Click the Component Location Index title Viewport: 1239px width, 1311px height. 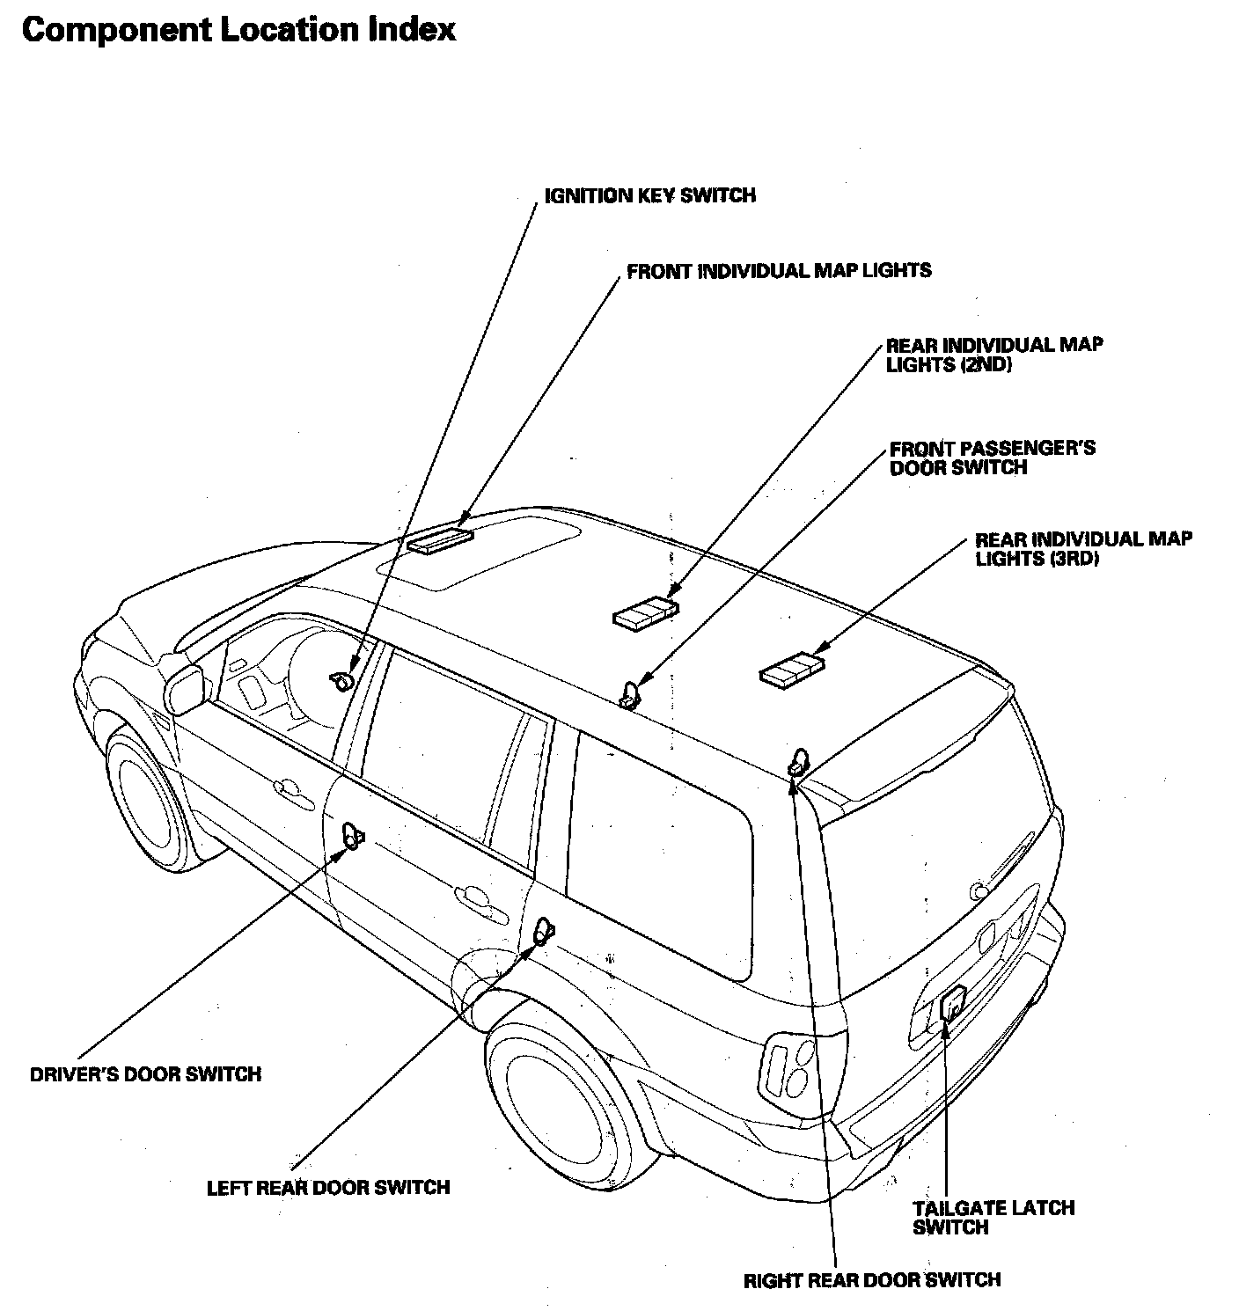click(x=238, y=29)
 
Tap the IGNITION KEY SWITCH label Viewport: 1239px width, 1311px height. click(x=649, y=194)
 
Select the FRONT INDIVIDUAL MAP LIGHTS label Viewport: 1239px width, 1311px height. click(x=779, y=270)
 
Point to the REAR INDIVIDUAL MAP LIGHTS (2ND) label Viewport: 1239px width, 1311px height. click(x=993, y=354)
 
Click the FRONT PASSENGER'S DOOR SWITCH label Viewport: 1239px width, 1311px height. click(x=992, y=458)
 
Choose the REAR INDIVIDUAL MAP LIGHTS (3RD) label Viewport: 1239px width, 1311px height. click(x=1083, y=548)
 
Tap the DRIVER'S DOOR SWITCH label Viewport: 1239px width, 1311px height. click(x=145, y=1073)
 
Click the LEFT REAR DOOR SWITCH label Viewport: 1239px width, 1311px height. click(x=328, y=1187)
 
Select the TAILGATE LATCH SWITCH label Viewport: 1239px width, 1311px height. click(x=993, y=1218)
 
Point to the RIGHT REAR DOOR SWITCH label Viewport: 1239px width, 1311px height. click(x=872, y=1279)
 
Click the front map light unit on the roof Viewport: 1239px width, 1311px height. click(x=440, y=539)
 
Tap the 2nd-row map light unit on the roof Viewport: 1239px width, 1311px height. click(x=646, y=612)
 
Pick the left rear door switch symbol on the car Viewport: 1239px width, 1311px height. click(x=545, y=929)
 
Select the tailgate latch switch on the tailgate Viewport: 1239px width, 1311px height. click(x=951, y=1003)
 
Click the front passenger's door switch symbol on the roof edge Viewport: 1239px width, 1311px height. click(x=631, y=694)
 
